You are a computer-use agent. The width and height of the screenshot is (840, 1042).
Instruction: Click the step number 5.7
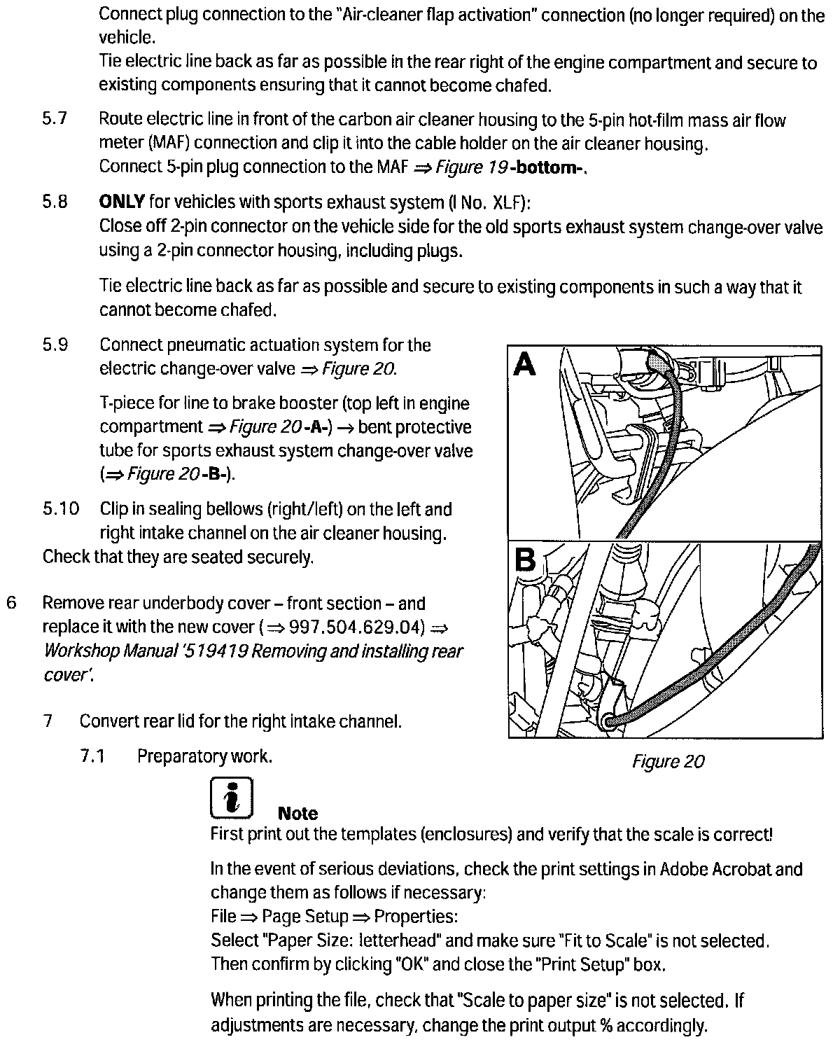(x=55, y=120)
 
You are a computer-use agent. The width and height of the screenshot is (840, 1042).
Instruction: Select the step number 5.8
(x=55, y=202)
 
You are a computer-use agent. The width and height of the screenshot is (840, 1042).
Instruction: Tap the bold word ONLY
(x=122, y=202)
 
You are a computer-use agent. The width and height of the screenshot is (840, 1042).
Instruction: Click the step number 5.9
(x=55, y=345)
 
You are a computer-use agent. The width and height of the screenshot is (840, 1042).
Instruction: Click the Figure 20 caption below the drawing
(x=668, y=761)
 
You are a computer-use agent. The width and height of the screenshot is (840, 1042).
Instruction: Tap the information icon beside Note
(x=231, y=798)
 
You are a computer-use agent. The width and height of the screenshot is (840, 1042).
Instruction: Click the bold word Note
(x=297, y=814)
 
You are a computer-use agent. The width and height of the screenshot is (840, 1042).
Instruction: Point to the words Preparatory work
(x=204, y=756)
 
